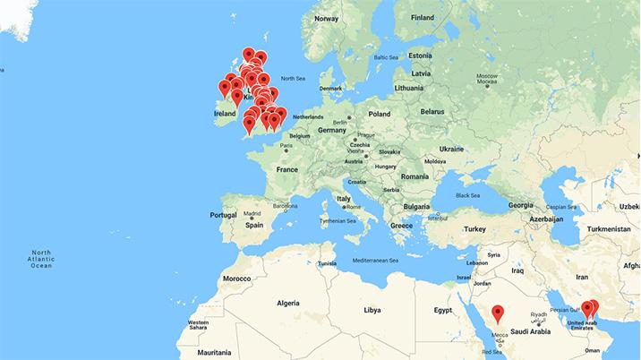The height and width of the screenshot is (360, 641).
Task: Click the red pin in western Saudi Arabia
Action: click(x=499, y=314)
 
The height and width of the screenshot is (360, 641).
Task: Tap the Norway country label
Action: click(x=327, y=19)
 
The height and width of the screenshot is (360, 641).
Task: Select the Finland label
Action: click(x=422, y=17)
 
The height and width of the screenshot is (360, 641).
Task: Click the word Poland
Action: click(x=380, y=114)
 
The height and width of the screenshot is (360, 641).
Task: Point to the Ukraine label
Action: click(x=451, y=149)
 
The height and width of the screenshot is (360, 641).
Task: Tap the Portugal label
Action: click(x=223, y=215)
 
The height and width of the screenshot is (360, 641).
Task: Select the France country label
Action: click(x=286, y=168)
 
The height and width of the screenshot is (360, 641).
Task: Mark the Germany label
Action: click(x=331, y=130)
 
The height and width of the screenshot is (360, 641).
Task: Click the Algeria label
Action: click(x=288, y=303)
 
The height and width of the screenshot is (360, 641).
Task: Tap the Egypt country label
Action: click(x=442, y=309)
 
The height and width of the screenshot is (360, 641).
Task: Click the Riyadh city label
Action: click(x=538, y=315)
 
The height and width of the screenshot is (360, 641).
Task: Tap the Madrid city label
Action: click(x=252, y=213)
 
